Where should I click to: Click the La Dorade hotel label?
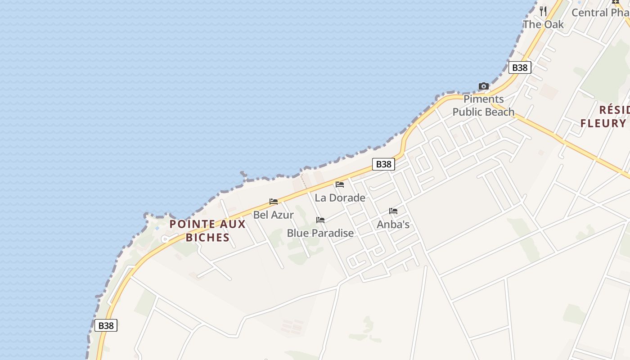coord(340,198)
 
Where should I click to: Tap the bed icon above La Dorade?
coord(340,184)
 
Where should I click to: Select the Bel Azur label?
coord(273,215)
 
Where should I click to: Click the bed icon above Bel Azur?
coord(274,202)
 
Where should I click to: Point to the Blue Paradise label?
coord(320,233)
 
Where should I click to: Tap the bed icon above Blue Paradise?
coord(320,220)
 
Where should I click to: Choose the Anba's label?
coord(393,224)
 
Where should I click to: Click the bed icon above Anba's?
coord(393,211)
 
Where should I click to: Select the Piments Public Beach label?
coord(483,105)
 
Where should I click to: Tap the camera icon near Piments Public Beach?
coord(484,86)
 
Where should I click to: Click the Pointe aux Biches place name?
coord(207,230)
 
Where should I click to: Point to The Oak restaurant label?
coord(543,24)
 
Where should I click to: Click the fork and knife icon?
coord(543,11)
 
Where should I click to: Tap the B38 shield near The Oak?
coord(520,67)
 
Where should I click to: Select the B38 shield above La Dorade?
coord(383,164)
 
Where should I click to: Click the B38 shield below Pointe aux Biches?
coord(106,325)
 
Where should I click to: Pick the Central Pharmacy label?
coord(600,12)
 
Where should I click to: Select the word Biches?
coord(207,237)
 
